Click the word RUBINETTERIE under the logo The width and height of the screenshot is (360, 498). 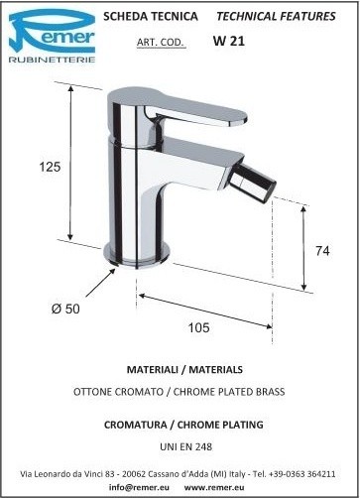52,60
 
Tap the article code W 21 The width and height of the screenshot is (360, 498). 229,41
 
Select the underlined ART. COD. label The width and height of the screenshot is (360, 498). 161,43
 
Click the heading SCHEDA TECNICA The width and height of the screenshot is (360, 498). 151,16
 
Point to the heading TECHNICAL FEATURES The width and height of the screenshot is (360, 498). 276,16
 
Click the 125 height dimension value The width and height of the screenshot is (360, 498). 50,167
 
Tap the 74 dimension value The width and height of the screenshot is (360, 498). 322,251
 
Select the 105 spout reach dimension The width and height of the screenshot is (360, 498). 198,327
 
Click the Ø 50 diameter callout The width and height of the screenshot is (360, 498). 65,309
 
